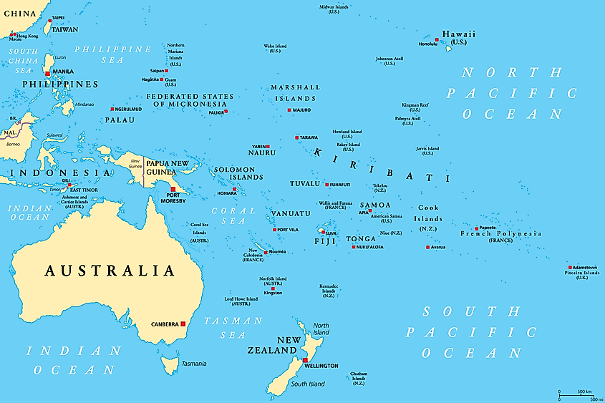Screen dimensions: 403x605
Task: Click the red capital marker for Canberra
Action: (x=183, y=324)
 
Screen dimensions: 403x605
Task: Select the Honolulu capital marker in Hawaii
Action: (x=437, y=40)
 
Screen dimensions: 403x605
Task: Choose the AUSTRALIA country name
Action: (x=110, y=271)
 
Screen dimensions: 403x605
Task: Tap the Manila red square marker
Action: (x=47, y=73)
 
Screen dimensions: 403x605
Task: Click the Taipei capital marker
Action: (x=49, y=22)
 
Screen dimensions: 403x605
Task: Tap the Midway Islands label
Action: (x=334, y=9)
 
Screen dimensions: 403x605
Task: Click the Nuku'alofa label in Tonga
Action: (x=370, y=247)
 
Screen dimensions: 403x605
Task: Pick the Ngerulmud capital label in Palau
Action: (x=127, y=109)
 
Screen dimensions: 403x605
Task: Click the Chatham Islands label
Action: (x=359, y=378)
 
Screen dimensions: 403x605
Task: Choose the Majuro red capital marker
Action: (x=289, y=110)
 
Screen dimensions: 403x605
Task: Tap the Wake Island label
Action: (x=275, y=49)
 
